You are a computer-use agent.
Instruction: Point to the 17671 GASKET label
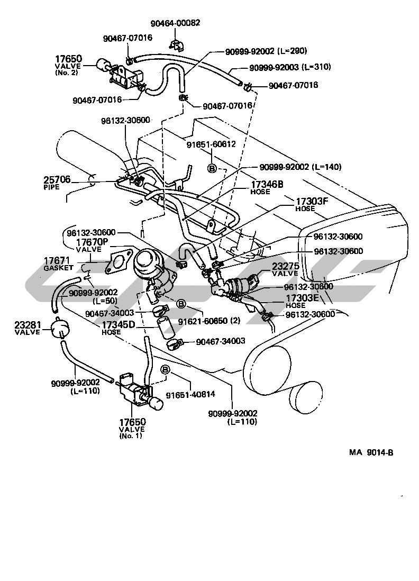point(59,264)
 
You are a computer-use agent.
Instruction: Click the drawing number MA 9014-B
point(370,452)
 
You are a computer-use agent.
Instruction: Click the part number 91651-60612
point(211,143)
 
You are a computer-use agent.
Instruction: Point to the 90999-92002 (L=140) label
point(300,167)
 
